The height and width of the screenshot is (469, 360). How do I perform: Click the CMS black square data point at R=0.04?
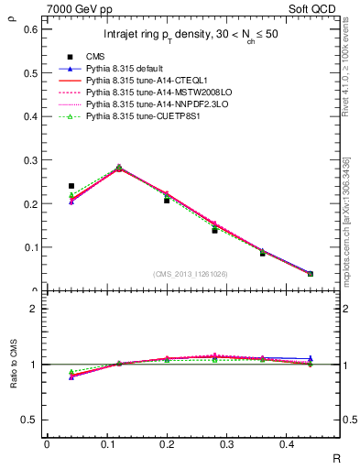tap(71, 186)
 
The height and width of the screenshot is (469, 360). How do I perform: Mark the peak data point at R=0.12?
tap(119, 168)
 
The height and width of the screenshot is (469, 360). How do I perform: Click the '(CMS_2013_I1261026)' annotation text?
tap(191, 274)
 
